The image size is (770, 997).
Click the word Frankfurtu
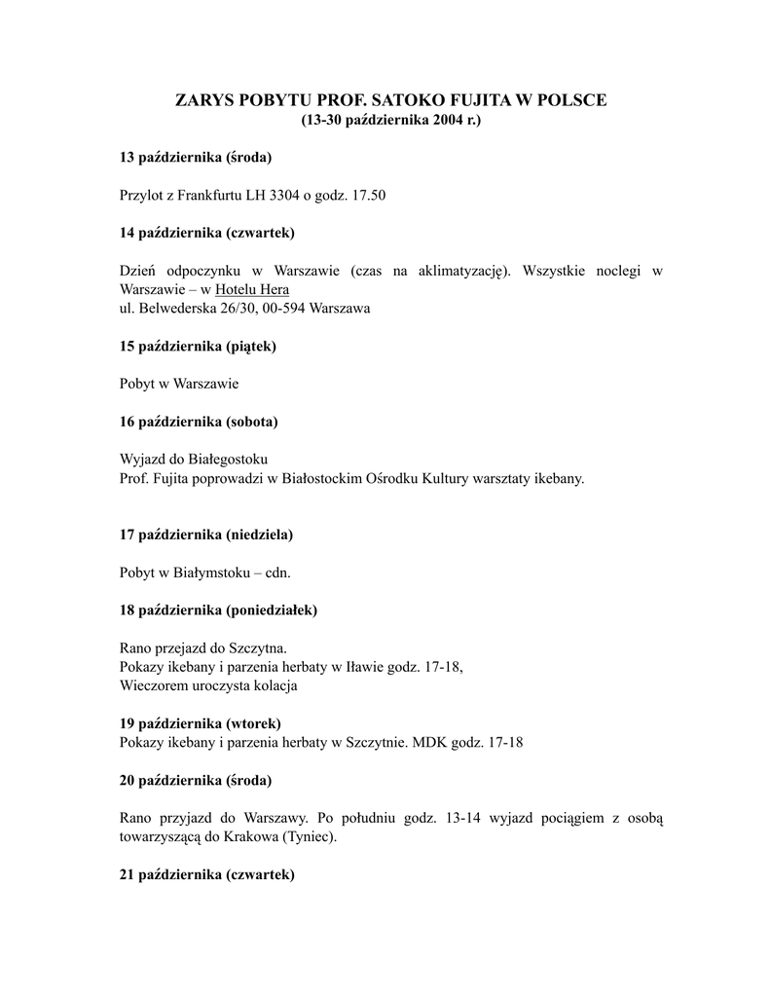point(205,196)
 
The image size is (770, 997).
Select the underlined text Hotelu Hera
point(252,289)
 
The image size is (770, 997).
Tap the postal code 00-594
point(281,308)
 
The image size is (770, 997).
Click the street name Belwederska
point(179,308)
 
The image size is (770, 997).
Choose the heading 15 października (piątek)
point(198,346)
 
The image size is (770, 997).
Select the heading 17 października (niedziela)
point(206,535)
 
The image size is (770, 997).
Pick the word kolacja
point(273,685)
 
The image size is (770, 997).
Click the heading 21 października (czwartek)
point(206,874)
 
